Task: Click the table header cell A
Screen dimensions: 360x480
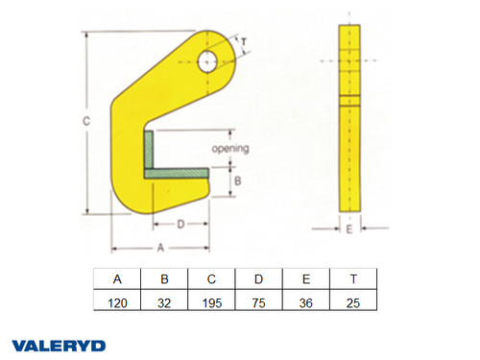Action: point(118,279)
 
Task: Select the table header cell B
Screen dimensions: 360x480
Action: point(165,279)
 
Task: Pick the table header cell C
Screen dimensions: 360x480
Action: point(212,279)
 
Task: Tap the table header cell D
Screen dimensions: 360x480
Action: point(259,279)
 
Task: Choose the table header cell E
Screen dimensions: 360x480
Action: point(306,279)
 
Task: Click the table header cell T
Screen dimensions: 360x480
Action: point(353,279)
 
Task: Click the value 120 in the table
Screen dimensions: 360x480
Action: point(118,300)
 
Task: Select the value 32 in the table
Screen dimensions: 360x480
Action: point(165,300)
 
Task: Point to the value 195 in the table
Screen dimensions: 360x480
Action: point(212,300)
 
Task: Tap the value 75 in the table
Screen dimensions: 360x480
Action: point(259,300)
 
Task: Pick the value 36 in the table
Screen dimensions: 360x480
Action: point(306,300)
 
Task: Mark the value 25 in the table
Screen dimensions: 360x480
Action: point(353,300)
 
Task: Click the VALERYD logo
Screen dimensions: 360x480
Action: point(59,344)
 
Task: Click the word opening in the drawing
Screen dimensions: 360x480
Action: point(231,149)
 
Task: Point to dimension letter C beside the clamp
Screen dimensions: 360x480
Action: point(85,122)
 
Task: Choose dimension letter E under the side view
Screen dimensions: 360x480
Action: point(349,230)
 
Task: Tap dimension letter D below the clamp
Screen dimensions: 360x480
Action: point(180,224)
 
